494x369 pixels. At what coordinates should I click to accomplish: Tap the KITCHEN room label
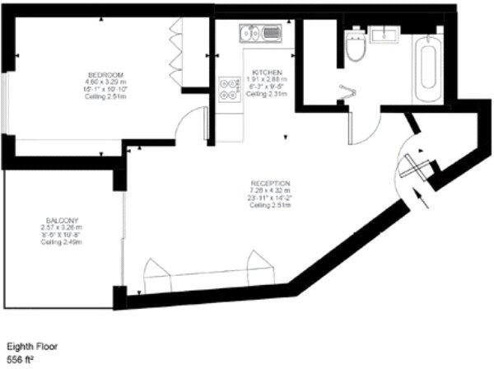(x=268, y=72)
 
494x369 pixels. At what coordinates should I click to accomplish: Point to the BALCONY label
(x=62, y=220)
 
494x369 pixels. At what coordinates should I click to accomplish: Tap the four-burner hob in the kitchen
(x=228, y=89)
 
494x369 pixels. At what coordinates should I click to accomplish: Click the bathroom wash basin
(x=384, y=35)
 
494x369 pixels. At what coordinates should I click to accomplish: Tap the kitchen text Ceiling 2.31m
(x=268, y=95)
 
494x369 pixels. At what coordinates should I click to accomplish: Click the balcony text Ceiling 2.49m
(x=62, y=241)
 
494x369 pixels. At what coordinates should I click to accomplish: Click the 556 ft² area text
(x=22, y=361)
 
